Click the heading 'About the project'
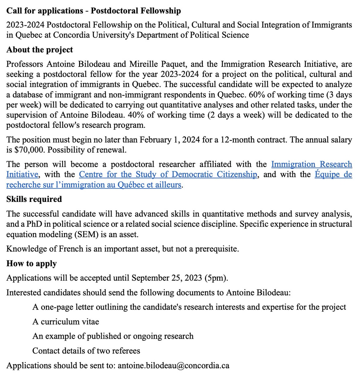coord(39,50)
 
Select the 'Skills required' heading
coord(34,199)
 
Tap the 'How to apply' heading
coord(31,264)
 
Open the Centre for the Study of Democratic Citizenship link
coord(168,174)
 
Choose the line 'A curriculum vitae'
coord(66,321)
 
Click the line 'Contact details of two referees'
coord(86,351)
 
